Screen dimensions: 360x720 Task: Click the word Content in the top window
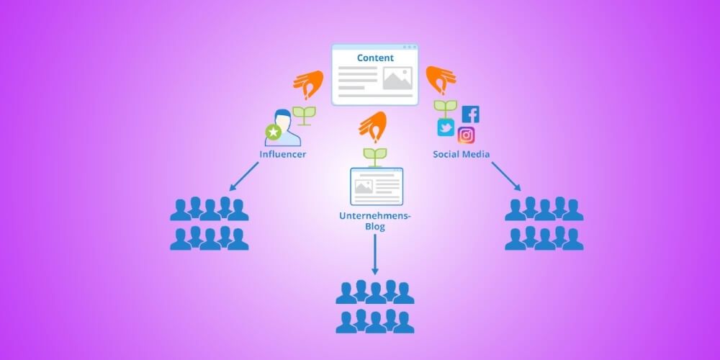click(x=375, y=58)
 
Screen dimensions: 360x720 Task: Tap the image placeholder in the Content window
click(x=397, y=78)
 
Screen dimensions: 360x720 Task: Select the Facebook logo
click(x=470, y=114)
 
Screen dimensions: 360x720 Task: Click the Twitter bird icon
click(x=446, y=128)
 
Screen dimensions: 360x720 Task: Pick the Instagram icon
click(x=467, y=135)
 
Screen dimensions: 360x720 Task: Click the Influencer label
click(x=282, y=154)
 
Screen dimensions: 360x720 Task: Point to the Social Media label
click(x=462, y=154)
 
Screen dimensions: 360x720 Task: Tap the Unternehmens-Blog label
click(x=374, y=220)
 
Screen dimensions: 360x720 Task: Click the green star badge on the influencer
click(x=273, y=132)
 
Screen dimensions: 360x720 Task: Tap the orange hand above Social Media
click(x=440, y=80)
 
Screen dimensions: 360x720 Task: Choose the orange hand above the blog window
click(x=373, y=127)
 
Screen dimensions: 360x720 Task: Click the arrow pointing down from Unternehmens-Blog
click(x=374, y=255)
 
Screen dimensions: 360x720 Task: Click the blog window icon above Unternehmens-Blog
click(x=376, y=186)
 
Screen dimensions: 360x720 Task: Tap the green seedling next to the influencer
click(x=305, y=115)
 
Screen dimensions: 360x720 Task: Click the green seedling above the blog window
click(x=374, y=156)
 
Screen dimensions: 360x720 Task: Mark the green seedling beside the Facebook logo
click(x=446, y=109)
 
